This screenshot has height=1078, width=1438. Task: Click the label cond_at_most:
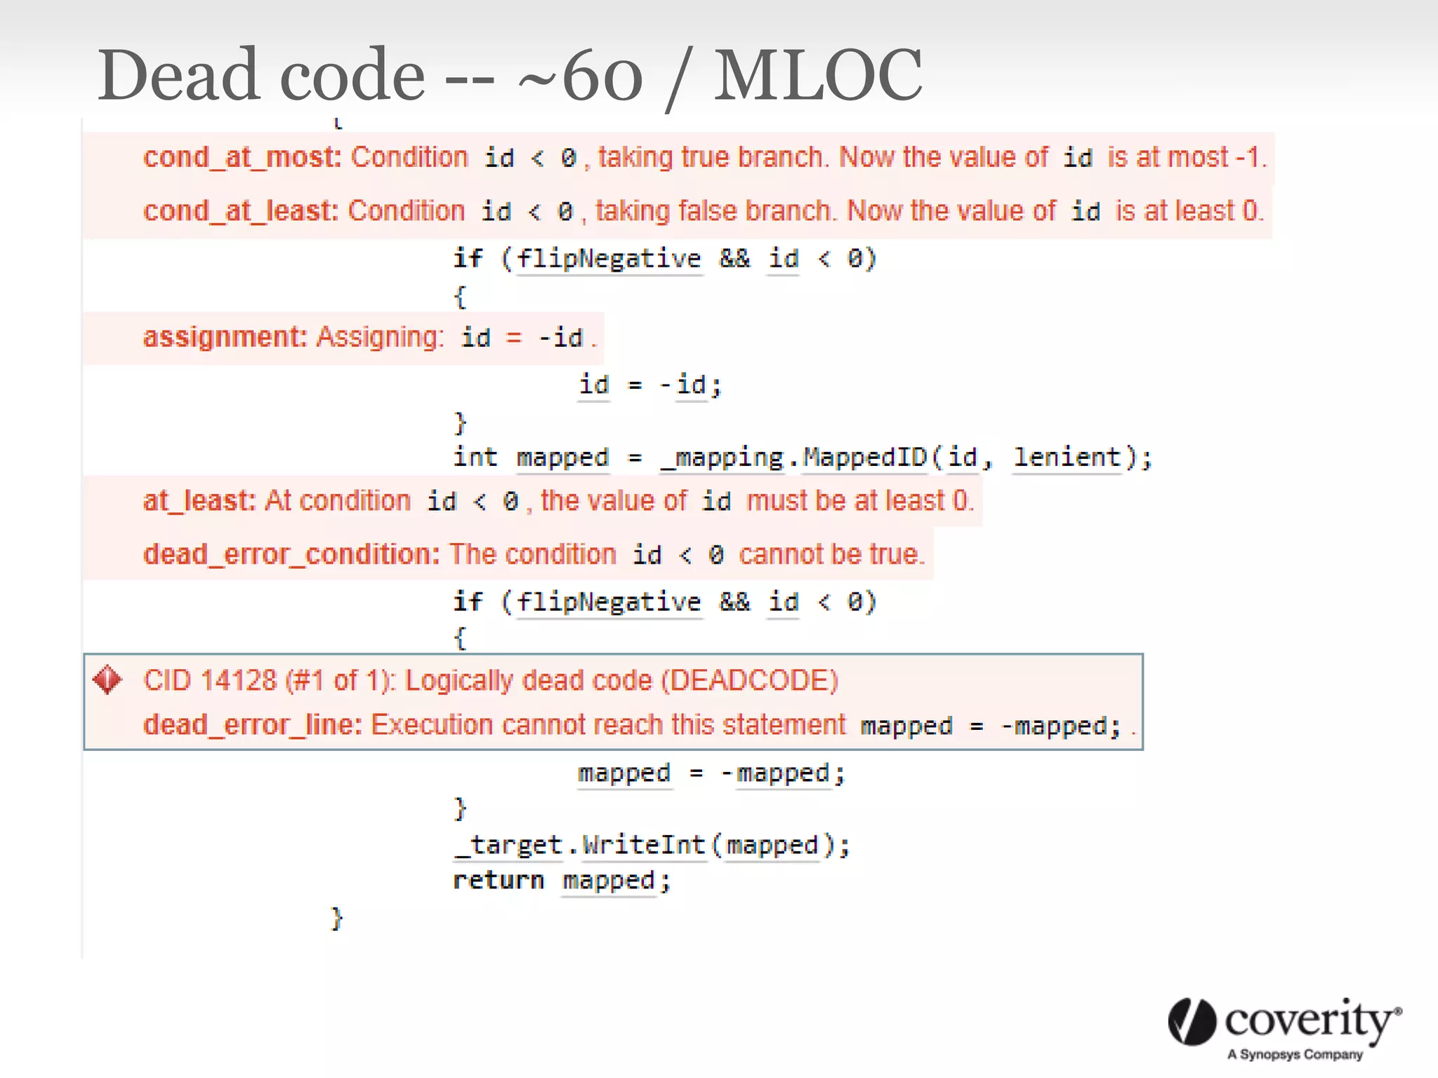242,158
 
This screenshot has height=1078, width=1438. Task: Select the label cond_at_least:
240,211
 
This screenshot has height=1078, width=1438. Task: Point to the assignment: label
225,338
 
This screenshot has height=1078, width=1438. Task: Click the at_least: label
199,501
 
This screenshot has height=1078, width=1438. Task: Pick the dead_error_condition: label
291,554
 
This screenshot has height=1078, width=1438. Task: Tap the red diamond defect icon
107,680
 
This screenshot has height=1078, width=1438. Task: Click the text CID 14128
209,681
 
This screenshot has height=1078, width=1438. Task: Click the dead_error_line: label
252,725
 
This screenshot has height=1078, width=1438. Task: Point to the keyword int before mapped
475,458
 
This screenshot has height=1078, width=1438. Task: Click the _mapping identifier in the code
721,458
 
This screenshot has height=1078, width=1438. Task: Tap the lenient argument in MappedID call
1067,458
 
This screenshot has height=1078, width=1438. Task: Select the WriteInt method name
643,845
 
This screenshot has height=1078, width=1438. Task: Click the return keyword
498,881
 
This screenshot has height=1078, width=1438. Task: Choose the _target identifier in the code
508,845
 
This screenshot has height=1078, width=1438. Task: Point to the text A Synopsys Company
1295,1054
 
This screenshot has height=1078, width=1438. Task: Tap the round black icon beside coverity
1192,1022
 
